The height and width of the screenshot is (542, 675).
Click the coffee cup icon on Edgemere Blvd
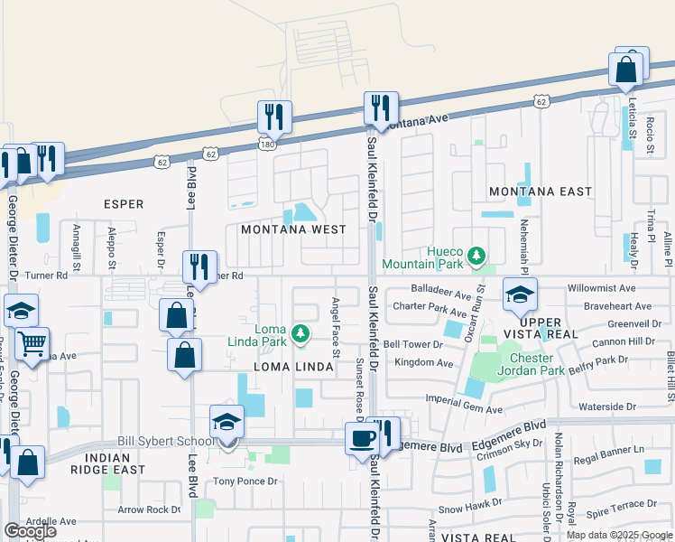coord(363,438)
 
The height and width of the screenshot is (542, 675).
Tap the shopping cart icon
coord(32,342)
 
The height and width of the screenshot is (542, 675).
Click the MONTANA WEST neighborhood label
coord(294,229)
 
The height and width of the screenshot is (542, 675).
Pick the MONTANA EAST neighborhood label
coord(541,192)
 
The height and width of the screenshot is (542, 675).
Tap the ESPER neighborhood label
coord(124,204)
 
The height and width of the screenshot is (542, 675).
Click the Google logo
coord(30,531)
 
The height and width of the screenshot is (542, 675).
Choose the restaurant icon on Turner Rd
coord(199,266)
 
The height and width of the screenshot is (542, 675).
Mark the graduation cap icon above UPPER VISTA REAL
coord(521,294)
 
